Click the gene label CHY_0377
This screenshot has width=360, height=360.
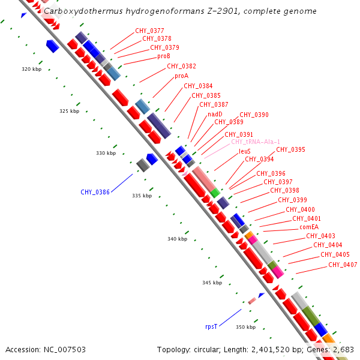pyautogui.click(x=149, y=31)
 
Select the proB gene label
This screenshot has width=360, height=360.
pyautogui.click(x=164, y=56)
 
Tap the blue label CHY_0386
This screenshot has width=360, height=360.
pyautogui.click(x=95, y=193)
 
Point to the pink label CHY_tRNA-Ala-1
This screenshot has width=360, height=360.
pyautogui.click(x=256, y=142)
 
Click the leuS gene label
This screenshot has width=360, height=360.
pyautogui.click(x=245, y=151)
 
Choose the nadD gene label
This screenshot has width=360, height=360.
pyautogui.click(x=215, y=114)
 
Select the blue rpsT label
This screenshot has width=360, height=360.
pyautogui.click(x=211, y=327)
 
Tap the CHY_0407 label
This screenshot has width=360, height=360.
pyautogui.click(x=343, y=265)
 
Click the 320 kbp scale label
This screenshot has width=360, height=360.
pyautogui.click(x=32, y=70)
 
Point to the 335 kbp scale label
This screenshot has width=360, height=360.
pyautogui.click(x=142, y=196)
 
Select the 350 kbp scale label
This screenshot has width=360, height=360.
pyautogui.click(x=246, y=327)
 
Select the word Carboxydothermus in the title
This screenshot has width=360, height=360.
pyautogui.click(x=77, y=11)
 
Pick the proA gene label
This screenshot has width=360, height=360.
pyautogui.click(x=181, y=76)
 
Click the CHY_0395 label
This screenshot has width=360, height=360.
pyautogui.click(x=290, y=150)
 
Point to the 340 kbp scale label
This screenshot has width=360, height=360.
pyautogui.click(x=178, y=239)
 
